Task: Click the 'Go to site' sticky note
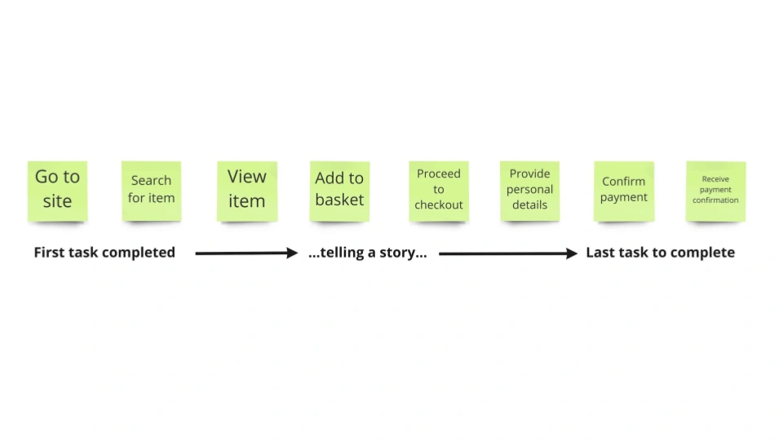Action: (x=57, y=190)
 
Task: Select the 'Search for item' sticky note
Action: (x=151, y=190)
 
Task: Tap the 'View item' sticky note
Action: (x=246, y=190)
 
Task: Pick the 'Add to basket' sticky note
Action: (x=339, y=190)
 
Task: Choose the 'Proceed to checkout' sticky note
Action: (x=439, y=190)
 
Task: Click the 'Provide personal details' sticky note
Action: (x=529, y=190)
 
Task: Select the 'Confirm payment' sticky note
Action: (x=624, y=190)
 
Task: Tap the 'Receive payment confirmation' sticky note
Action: (x=715, y=190)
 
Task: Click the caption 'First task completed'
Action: (x=104, y=253)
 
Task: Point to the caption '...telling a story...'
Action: (x=368, y=253)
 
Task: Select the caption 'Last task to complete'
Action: (x=660, y=253)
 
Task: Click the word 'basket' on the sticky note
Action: (x=339, y=200)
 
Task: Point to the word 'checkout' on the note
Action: (x=439, y=205)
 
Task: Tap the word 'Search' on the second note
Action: (x=151, y=180)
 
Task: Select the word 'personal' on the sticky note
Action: (x=529, y=190)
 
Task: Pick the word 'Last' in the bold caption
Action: (x=601, y=253)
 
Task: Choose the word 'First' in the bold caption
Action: (x=51, y=253)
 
